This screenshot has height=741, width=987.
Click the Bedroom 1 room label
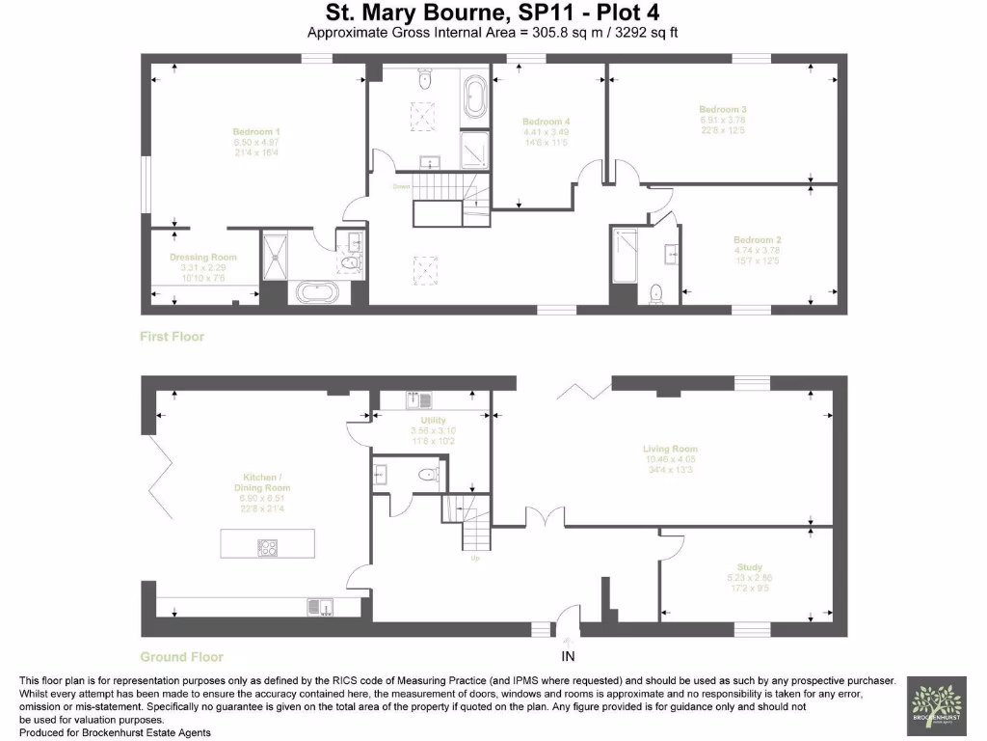point(256,131)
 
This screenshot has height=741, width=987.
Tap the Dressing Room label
point(202,258)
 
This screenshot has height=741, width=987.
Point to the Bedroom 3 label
point(723,110)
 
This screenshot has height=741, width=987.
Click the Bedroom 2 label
point(757,239)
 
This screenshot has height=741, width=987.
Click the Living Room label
point(670,449)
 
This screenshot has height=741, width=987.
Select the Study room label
point(749,567)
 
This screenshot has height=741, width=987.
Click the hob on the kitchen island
point(267,547)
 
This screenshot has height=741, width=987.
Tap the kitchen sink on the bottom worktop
point(319,606)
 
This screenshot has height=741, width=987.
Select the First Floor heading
point(173,337)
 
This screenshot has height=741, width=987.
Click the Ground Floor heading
point(181,657)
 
